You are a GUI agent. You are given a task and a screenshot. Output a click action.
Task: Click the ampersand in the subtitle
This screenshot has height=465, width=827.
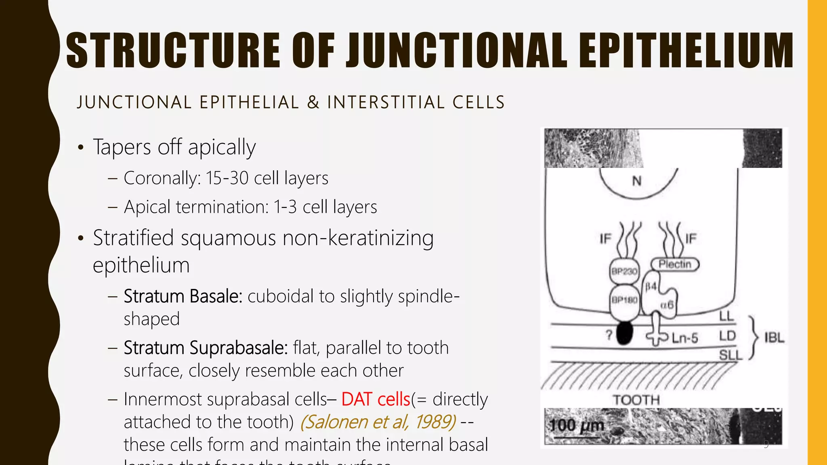click(313, 102)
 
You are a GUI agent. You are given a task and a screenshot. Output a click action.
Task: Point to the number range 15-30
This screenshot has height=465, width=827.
click(227, 178)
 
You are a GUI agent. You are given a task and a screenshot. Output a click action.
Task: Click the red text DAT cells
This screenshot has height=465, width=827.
click(376, 399)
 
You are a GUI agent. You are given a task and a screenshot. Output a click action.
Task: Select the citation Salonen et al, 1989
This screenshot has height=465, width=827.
click(378, 422)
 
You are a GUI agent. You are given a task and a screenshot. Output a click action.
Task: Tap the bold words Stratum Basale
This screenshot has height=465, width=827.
click(183, 296)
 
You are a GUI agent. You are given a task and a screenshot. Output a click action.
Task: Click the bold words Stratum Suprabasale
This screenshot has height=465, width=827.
click(206, 348)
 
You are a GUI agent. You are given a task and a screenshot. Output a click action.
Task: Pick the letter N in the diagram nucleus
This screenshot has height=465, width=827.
click(637, 181)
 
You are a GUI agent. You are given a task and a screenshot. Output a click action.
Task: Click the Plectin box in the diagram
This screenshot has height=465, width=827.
click(675, 264)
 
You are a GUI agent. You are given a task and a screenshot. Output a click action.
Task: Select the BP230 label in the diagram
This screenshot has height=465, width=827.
click(624, 271)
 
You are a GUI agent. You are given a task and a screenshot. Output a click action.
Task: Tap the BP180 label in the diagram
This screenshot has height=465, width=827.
click(624, 300)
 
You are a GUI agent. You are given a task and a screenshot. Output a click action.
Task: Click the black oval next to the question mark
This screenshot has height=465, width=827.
click(624, 333)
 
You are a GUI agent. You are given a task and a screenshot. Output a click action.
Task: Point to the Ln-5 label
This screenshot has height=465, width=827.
click(685, 338)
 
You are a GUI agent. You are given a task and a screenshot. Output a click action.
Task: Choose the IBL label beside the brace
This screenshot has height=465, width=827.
click(774, 337)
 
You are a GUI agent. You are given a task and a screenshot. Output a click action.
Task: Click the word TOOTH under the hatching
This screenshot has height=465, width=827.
click(636, 400)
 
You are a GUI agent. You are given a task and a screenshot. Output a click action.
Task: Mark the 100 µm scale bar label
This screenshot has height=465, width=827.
click(577, 425)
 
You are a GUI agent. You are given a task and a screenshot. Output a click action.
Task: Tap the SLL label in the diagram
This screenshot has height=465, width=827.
click(730, 355)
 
